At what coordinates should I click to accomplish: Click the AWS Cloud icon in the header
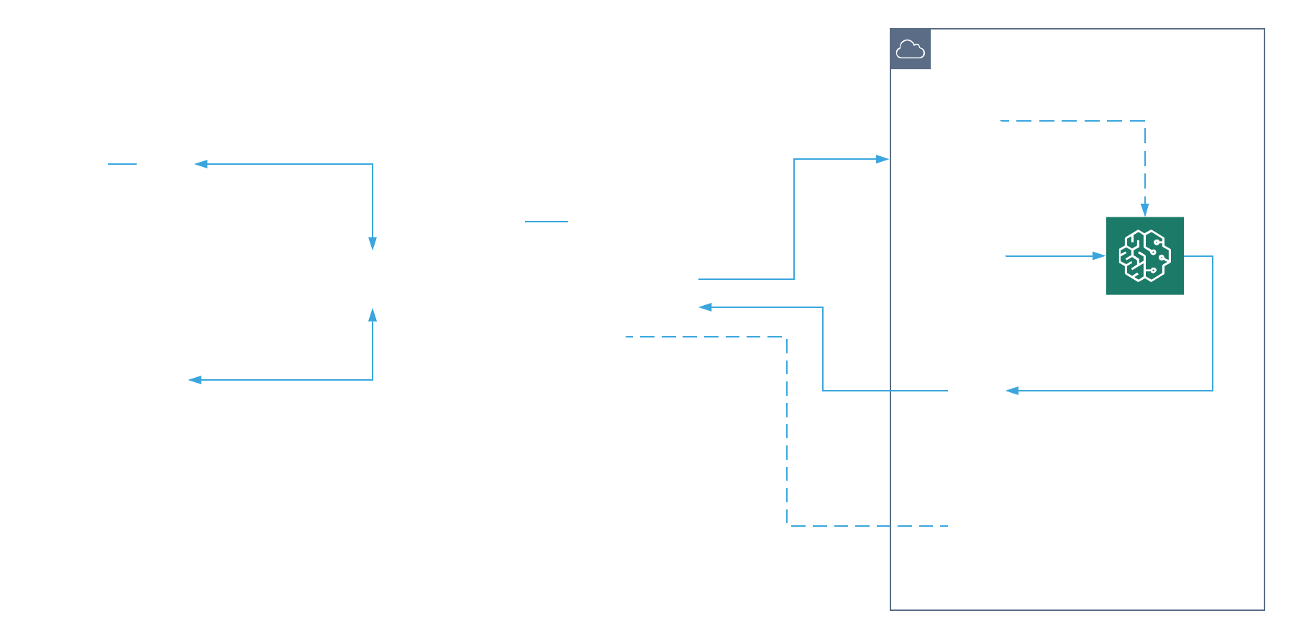[x=910, y=49]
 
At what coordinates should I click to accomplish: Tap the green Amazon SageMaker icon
[x=1144, y=255]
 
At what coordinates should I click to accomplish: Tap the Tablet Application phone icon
[x=165, y=380]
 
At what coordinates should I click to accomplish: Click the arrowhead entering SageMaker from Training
[x=1098, y=255]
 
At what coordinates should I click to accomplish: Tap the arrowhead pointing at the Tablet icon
[x=195, y=380]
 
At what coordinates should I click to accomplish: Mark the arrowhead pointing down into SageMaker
[x=1144, y=209]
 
